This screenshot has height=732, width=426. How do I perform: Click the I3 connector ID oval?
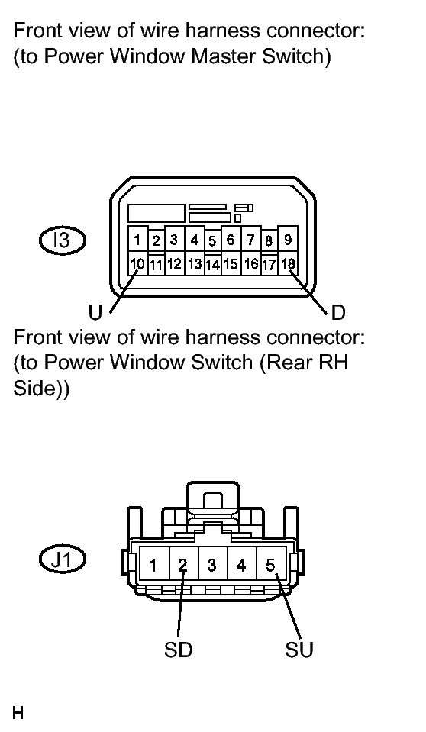[x=62, y=240]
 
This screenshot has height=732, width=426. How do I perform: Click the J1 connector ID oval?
[x=62, y=559]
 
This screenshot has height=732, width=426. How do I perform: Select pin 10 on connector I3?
[x=137, y=264]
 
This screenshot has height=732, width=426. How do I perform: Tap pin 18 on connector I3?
[x=288, y=264]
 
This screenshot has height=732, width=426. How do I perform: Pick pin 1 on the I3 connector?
[x=137, y=240]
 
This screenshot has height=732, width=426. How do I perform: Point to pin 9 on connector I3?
[x=288, y=240]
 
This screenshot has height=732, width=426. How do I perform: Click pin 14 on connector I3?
[x=212, y=265]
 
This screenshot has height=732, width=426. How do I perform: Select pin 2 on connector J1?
[x=183, y=566]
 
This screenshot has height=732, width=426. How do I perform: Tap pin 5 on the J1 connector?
[x=271, y=566]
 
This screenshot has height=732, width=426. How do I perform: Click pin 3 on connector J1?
[x=212, y=566]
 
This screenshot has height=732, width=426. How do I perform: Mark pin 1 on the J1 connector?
[x=154, y=566]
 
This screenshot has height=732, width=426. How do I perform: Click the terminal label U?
[x=95, y=312]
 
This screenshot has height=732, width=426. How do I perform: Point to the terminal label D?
[x=338, y=312]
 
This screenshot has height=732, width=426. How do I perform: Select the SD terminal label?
[x=178, y=650]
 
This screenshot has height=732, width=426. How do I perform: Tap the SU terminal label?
[x=299, y=650]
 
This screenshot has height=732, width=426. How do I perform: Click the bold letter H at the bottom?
[x=18, y=714]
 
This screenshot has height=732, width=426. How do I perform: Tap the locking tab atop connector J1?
[x=212, y=499]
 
